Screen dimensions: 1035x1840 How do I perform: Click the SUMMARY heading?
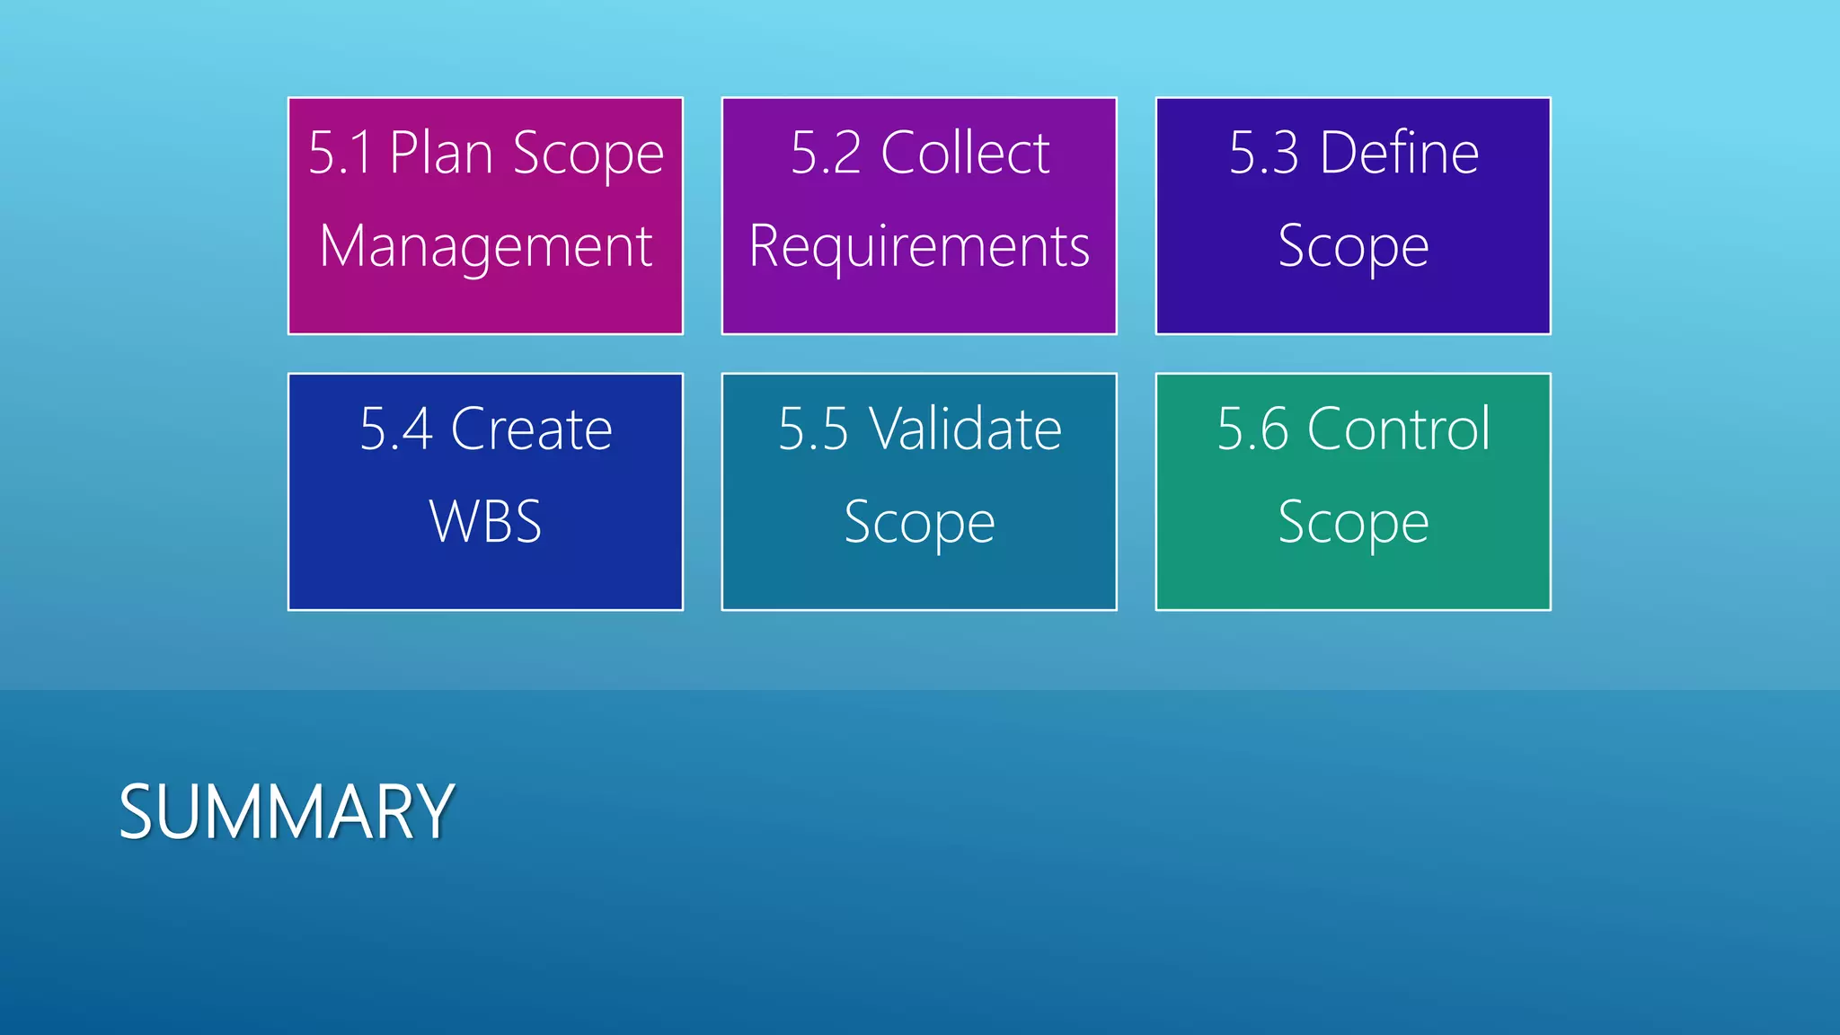[x=286, y=811]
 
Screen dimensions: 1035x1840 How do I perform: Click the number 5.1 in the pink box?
[x=340, y=153]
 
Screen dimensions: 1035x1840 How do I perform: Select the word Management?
[x=485, y=246]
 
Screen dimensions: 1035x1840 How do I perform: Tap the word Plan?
[x=440, y=153]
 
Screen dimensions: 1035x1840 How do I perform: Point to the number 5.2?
[x=826, y=153]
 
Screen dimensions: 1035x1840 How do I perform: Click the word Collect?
[x=965, y=153]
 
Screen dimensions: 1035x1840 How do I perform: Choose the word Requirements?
[x=919, y=246]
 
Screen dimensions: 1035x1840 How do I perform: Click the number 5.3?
[x=1263, y=153]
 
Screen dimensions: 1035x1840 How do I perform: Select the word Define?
[x=1399, y=153]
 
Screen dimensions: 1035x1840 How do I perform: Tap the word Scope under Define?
[x=1353, y=246]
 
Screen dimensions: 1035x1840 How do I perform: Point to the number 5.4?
[x=395, y=429]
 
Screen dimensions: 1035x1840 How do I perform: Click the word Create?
[x=531, y=429]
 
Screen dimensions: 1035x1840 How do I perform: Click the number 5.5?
[x=813, y=429]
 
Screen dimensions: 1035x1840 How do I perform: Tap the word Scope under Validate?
[x=919, y=523]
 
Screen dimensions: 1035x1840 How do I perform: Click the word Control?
[x=1399, y=429]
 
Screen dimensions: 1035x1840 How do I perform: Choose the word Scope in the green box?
[x=1353, y=523]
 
